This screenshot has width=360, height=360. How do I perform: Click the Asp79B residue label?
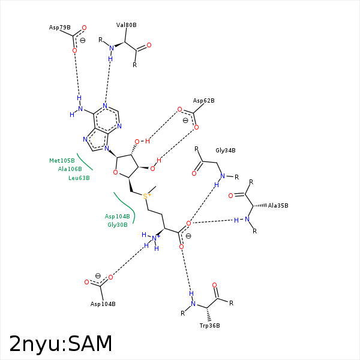(x=59, y=28)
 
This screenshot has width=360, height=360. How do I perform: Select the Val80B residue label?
(x=126, y=25)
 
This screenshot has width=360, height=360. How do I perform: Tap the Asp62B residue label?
(x=203, y=101)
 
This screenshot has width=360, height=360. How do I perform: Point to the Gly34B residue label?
(x=225, y=151)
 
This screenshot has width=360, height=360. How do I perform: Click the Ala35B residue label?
(x=278, y=205)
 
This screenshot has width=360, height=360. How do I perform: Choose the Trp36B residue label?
(x=209, y=325)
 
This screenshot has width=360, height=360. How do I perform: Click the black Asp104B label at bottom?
(x=103, y=304)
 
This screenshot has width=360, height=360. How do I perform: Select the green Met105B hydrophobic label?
(x=62, y=161)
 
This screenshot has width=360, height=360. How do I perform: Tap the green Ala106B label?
(x=70, y=169)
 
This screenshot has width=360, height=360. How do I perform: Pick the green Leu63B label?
(x=79, y=178)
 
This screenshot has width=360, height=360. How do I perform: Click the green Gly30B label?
(x=117, y=224)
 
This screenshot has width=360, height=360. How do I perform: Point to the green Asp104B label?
(x=117, y=216)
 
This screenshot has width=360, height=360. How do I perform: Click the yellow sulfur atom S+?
(x=146, y=196)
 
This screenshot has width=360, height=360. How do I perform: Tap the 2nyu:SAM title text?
(x=61, y=343)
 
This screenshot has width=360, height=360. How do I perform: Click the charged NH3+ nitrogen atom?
(x=155, y=239)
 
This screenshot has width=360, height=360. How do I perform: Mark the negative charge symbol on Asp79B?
(x=91, y=41)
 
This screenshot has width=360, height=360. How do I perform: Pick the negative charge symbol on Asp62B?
(x=186, y=120)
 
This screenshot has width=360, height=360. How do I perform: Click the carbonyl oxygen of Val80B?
(x=149, y=45)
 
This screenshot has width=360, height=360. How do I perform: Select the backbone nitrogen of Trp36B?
(x=193, y=304)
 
